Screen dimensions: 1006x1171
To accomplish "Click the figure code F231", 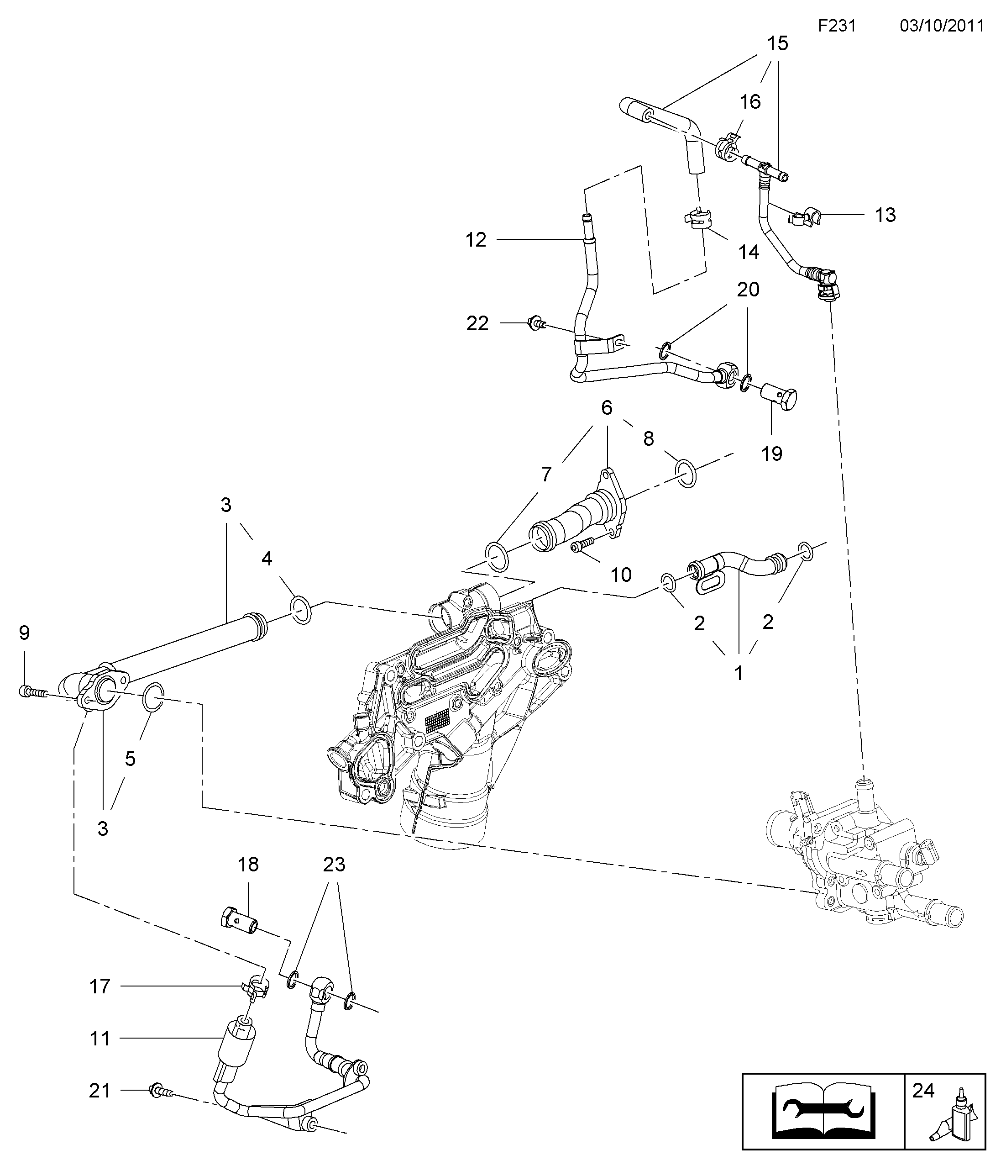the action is [837, 26].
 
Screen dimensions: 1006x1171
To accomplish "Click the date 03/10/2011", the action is [942, 26].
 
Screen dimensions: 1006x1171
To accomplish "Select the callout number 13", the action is [885, 215].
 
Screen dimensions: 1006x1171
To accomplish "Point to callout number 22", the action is [477, 323].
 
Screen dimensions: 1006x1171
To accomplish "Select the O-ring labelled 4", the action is [300, 610].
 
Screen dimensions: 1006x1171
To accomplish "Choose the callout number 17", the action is [100, 986].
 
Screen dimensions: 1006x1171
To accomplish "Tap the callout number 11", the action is [100, 1038].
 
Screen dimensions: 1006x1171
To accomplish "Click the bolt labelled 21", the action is [160, 1092].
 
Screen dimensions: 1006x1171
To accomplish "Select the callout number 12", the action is [476, 240].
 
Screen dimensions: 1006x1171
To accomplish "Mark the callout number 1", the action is [738, 673].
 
